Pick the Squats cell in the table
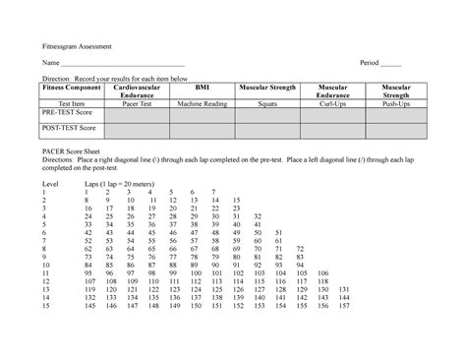267,102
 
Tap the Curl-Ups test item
334,102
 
